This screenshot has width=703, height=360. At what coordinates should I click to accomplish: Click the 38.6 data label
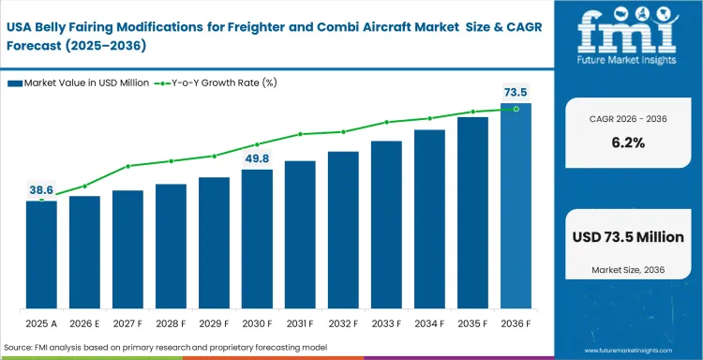point(41,189)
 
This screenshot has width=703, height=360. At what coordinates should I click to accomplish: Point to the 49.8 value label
point(257,157)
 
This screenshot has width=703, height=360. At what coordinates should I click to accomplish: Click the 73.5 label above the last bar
point(516,92)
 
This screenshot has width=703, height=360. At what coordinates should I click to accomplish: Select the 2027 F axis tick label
point(127,324)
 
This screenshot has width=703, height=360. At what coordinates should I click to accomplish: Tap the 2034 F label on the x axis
point(429,324)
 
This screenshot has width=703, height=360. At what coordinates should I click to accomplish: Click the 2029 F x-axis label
point(214,324)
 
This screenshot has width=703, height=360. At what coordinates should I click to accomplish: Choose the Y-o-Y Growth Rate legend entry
point(215,83)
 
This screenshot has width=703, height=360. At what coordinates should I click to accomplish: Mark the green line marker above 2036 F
point(516,109)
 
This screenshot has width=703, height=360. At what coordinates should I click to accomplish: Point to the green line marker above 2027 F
point(127,166)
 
